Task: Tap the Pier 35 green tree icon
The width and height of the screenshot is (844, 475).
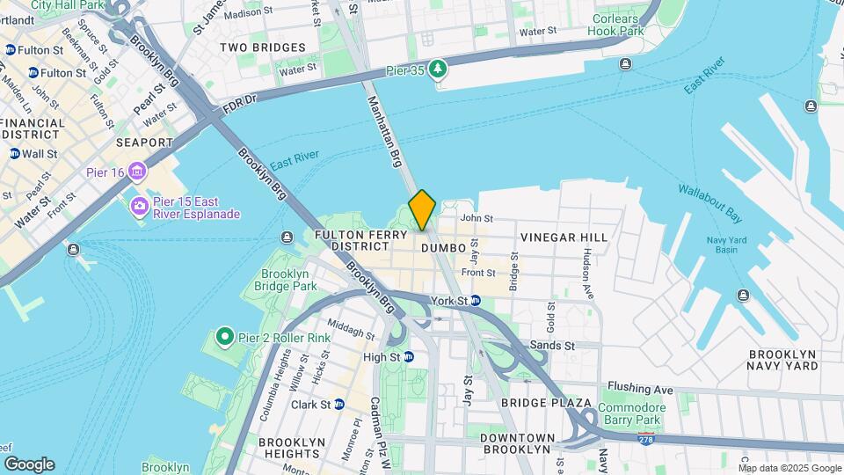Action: click(438, 68)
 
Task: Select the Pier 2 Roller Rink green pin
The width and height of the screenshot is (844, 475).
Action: click(224, 337)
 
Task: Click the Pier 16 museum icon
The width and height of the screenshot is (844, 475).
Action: click(137, 171)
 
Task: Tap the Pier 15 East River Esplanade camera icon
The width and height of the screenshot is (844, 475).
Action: click(139, 207)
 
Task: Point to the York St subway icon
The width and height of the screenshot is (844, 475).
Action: click(476, 300)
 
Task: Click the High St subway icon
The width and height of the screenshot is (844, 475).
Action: click(409, 356)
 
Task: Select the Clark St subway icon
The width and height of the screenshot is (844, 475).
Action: click(338, 405)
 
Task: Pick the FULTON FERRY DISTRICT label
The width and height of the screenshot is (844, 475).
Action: click(363, 241)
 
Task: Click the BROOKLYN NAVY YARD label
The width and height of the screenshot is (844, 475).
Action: click(782, 360)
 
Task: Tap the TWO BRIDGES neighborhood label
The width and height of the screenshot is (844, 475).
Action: click(263, 47)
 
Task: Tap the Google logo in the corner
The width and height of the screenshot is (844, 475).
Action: click(29, 464)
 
